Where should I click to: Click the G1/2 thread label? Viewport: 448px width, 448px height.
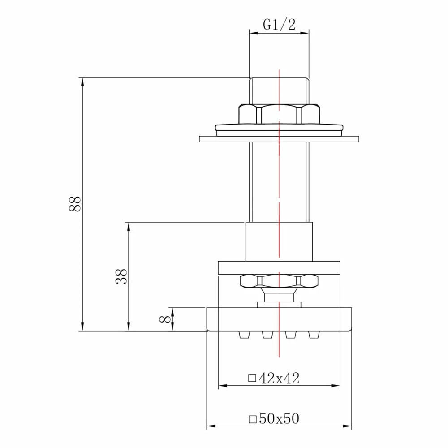[279, 25]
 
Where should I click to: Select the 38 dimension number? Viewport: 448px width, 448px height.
[121, 276]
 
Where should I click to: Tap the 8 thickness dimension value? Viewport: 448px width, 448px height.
[165, 319]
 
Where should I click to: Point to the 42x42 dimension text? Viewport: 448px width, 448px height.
[279, 379]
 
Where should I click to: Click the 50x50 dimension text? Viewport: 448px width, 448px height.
[279, 419]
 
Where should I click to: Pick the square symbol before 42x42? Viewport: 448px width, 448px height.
[252, 379]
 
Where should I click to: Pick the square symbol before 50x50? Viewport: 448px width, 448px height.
[252, 419]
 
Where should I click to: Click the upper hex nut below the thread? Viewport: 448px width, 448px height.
[279, 114]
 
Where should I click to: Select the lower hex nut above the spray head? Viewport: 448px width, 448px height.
[279, 281]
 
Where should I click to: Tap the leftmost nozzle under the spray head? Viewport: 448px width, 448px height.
[244, 335]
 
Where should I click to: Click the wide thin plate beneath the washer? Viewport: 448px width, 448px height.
[279, 139]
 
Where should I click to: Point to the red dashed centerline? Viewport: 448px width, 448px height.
[279, 188]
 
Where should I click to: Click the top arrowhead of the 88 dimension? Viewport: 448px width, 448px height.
[82, 81]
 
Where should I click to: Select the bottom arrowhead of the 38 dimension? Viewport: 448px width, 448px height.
[129, 327]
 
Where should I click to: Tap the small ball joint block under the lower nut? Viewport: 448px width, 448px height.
[279, 297]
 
